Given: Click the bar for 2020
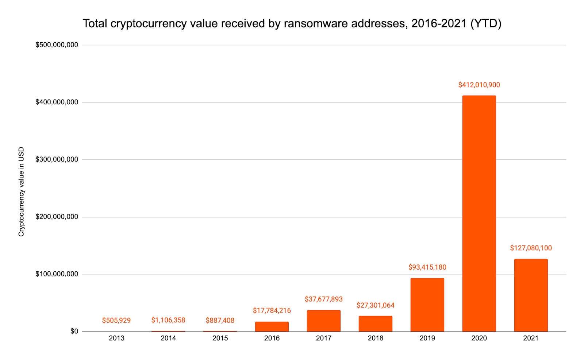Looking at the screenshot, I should click(479, 213).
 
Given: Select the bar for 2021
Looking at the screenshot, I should click(531, 295).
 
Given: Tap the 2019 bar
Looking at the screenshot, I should click(427, 305).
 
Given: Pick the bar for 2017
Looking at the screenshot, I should click(323, 321).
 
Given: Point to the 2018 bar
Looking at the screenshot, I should click(375, 324).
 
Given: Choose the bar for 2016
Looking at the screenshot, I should click(272, 326).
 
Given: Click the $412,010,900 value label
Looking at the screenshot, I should click(479, 85).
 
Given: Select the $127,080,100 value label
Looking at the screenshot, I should click(531, 248).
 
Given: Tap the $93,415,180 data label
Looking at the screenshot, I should click(427, 267).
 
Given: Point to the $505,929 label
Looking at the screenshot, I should click(116, 321).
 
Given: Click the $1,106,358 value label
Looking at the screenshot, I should click(168, 320).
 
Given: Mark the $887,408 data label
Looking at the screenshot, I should click(220, 321).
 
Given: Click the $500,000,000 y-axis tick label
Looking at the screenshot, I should click(57, 45).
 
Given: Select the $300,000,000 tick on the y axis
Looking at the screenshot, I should click(57, 159).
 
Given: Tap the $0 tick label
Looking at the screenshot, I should click(74, 331).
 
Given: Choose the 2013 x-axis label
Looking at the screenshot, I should click(116, 338).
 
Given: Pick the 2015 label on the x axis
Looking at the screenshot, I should click(220, 338).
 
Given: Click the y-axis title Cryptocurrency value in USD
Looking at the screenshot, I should click(21, 191).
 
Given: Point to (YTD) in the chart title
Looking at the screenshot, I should click(486, 23).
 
